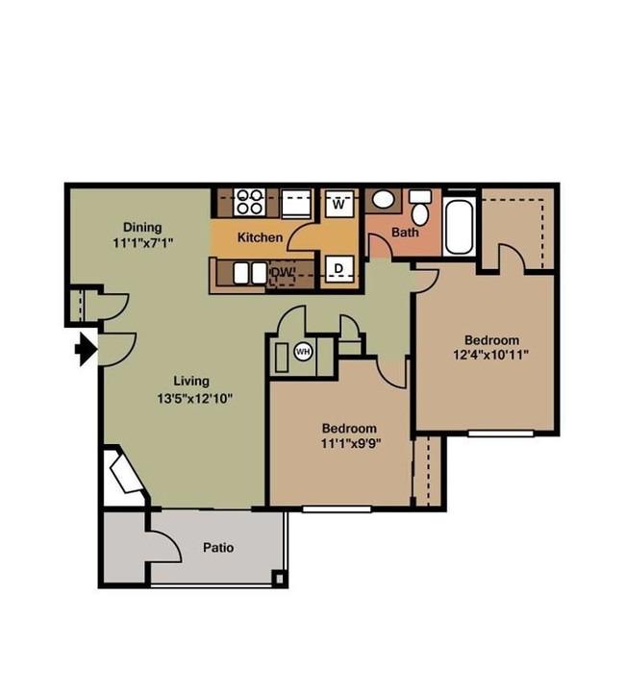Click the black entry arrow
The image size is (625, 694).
coord(87,350)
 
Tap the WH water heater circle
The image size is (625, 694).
coord(303,352)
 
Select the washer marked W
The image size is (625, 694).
coord(339,204)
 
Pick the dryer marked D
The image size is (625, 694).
coord(339,268)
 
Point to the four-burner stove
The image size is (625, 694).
coord(249,202)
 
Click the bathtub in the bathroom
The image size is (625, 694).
coord(458,227)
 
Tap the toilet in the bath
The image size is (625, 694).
coord(419,208)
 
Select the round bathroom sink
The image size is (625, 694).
coord(383,199)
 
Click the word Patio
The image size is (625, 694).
coord(218,548)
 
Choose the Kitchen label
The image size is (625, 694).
coord(260,237)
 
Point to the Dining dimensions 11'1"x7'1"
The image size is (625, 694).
coord(142,242)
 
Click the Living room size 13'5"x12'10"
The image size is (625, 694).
coord(195,398)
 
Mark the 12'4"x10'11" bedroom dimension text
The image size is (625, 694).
coord(491,355)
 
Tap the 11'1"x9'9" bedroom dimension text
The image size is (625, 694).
coord(351,443)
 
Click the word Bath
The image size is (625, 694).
coord(405,232)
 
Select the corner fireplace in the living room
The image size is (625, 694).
coord(126,476)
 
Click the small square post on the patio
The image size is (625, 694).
coord(279,579)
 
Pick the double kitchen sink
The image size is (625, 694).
coord(250,273)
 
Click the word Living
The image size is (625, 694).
coord(191,381)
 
